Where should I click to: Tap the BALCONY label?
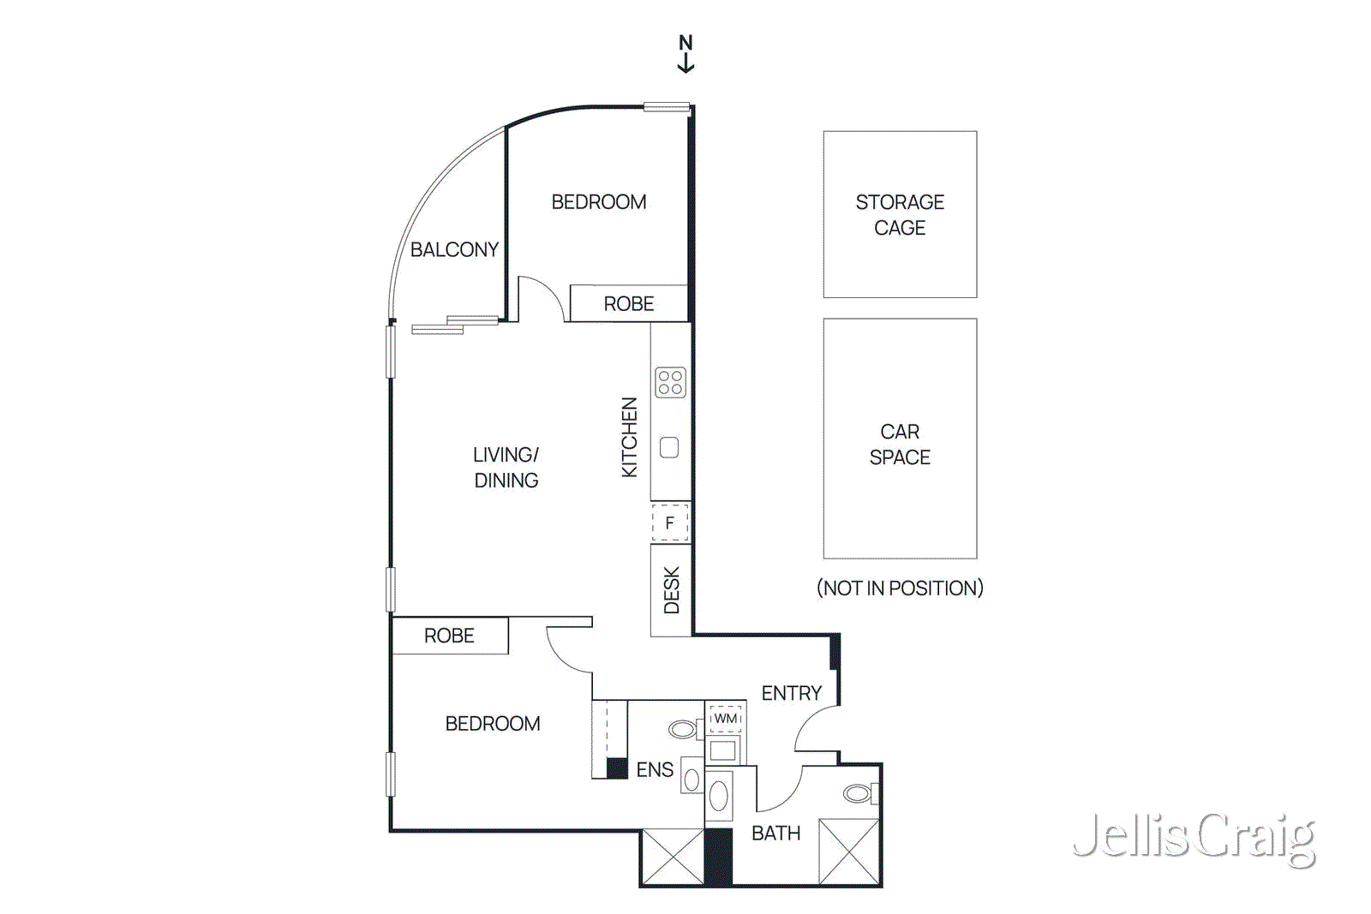click(x=454, y=250)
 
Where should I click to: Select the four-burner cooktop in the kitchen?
click(x=670, y=383)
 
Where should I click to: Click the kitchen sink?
click(x=669, y=447)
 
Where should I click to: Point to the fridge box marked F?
click(x=670, y=523)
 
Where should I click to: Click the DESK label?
click(x=672, y=589)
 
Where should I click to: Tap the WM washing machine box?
click(x=726, y=719)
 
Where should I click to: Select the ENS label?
click(x=655, y=770)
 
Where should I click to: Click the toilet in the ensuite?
click(x=683, y=729)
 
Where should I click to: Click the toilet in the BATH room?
click(x=858, y=793)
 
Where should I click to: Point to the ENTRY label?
click(x=792, y=693)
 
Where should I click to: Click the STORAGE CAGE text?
click(x=900, y=215)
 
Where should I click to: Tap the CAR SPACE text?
click(x=900, y=445)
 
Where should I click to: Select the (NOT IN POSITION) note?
click(x=900, y=588)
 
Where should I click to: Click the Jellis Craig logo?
click(x=1194, y=838)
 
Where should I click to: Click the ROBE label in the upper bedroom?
click(x=629, y=304)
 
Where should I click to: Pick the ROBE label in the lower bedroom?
click(x=449, y=636)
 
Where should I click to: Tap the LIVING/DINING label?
click(x=506, y=468)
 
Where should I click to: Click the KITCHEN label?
click(x=630, y=437)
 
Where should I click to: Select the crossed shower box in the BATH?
click(x=848, y=851)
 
